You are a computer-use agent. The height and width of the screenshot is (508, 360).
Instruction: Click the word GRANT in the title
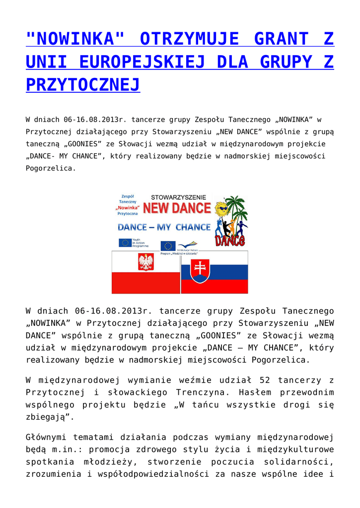[280, 39]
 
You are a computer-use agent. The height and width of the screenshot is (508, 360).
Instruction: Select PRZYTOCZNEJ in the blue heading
[83, 85]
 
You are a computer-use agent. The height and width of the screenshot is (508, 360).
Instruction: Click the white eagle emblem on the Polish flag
[145, 262]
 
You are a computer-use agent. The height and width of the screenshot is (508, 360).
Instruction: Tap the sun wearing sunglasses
[221, 208]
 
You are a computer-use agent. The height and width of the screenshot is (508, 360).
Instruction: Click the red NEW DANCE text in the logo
[177, 208]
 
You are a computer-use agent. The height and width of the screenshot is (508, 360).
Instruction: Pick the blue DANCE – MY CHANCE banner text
[164, 227]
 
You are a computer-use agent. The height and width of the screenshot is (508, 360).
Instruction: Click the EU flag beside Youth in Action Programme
[125, 243]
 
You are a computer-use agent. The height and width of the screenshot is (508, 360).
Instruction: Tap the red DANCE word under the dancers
[229, 241]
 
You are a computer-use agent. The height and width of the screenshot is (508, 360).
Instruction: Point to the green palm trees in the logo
[236, 208]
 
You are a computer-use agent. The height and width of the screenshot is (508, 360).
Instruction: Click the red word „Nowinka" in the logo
[127, 207]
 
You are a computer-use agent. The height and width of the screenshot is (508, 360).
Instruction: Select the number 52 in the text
[264, 381]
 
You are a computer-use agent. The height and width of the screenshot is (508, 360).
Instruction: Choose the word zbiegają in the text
[48, 417]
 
